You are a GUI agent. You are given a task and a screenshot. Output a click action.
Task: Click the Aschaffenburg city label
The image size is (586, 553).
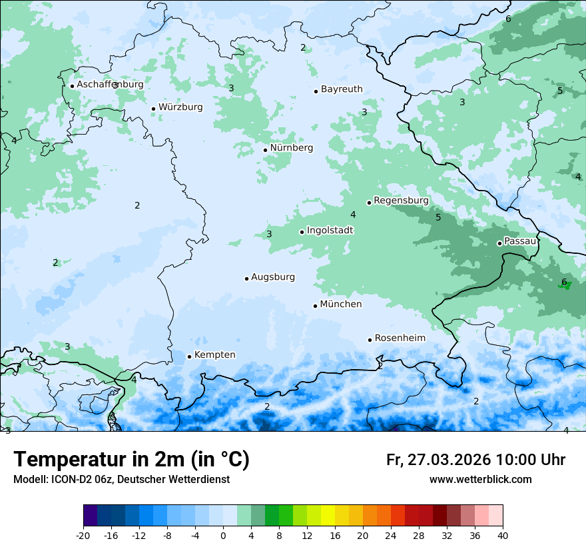pos(110,85)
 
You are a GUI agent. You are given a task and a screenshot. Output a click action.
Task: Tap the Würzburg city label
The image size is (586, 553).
pos(180,107)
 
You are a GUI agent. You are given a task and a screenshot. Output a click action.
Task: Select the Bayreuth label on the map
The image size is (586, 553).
pos(342,89)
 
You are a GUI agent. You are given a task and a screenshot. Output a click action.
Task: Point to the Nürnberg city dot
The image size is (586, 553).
pos(265,150)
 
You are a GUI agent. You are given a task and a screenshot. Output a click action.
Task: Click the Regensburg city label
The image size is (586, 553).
pos(401,201)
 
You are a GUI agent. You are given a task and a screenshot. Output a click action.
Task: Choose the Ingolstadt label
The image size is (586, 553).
pos(330,231)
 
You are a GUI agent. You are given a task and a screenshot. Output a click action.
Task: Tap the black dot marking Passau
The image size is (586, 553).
pos(499,243)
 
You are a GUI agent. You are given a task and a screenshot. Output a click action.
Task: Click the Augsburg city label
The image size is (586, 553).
pos(272,277)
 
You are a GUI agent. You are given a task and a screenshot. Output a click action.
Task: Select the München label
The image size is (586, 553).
pos(341,304)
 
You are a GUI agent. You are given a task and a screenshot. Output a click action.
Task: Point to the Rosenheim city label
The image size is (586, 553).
pos(400,338)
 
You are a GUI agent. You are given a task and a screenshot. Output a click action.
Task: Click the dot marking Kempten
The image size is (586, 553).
pos(189,356)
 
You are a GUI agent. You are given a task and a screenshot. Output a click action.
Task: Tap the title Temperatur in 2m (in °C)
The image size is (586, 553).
pos(131,460)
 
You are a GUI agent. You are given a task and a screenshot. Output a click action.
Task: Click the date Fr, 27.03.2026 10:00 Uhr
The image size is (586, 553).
pos(475,460)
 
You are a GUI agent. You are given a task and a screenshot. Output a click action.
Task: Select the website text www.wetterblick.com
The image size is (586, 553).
pos(480,480)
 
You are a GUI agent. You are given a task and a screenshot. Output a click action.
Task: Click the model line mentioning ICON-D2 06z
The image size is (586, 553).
pos(121,480)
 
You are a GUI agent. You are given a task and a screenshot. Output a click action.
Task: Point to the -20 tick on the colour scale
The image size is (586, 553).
pos(83,536)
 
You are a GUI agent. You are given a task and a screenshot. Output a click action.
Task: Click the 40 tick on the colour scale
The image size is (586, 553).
pos(503,536)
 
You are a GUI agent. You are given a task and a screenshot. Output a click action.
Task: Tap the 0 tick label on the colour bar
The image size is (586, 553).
pos(223,536)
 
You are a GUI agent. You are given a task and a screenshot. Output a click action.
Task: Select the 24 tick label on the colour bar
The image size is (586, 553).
pos(391,536)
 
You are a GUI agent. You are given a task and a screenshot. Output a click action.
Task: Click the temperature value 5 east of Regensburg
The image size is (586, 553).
pos(438,217)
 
